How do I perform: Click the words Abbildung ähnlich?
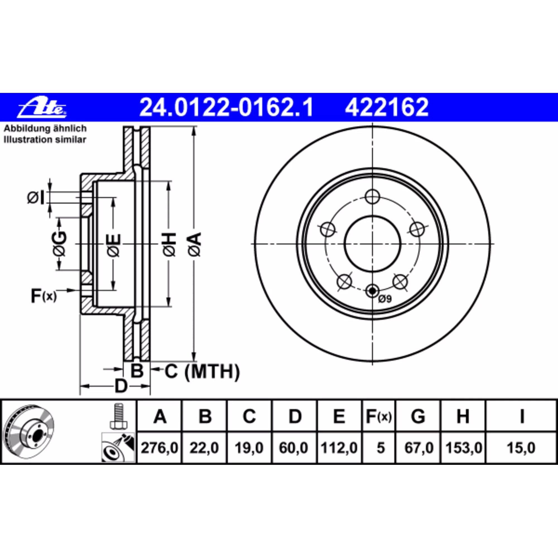point(45,129)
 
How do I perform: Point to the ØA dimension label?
point(194,244)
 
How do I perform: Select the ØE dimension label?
point(114,245)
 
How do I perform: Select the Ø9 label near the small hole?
point(385,299)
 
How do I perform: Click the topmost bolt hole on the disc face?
point(372,197)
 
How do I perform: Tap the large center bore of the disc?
point(372,244)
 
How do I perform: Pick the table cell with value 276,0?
point(159,448)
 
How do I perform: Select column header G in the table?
point(418,417)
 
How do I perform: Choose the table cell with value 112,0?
point(339,448)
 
